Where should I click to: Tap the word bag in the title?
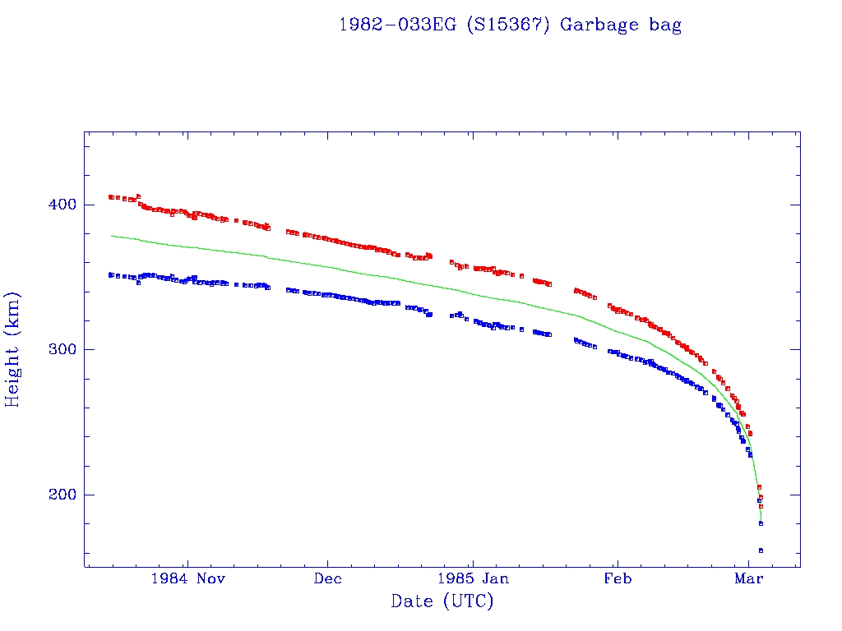tap(665, 25)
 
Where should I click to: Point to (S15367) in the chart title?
tap(508, 25)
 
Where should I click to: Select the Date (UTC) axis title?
tap(442, 601)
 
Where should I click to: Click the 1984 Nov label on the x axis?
tap(187, 578)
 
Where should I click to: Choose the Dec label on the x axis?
tap(327, 578)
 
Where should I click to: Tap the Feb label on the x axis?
tap(617, 578)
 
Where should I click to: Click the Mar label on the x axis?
tap(748, 578)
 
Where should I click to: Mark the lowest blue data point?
tap(761, 550)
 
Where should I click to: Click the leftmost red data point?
tap(110, 196)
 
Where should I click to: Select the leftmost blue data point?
tap(110, 274)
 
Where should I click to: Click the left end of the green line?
tap(111, 236)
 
